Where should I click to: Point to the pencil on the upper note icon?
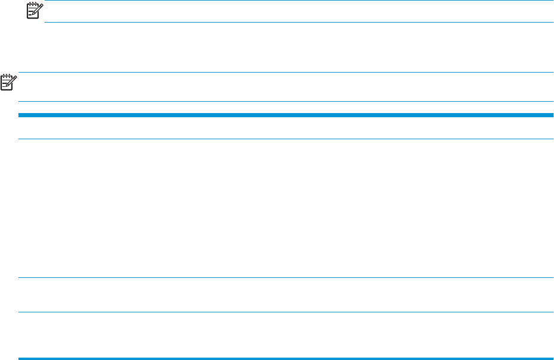[x=39, y=7]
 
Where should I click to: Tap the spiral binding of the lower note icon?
[x=7, y=76]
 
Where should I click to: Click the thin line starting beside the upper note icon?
[x=298, y=1]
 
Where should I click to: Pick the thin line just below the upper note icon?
[x=298, y=22]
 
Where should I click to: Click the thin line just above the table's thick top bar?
[x=286, y=101]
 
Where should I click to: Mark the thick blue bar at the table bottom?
[x=286, y=358]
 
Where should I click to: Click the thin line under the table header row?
[x=286, y=139]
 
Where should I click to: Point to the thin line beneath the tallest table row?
[x=286, y=278]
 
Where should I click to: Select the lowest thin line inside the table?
[x=286, y=312]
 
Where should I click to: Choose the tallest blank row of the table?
[x=286, y=208]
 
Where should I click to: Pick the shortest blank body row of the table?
[x=286, y=295]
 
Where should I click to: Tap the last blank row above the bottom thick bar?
[x=286, y=334]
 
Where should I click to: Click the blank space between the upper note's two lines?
[x=298, y=12]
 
